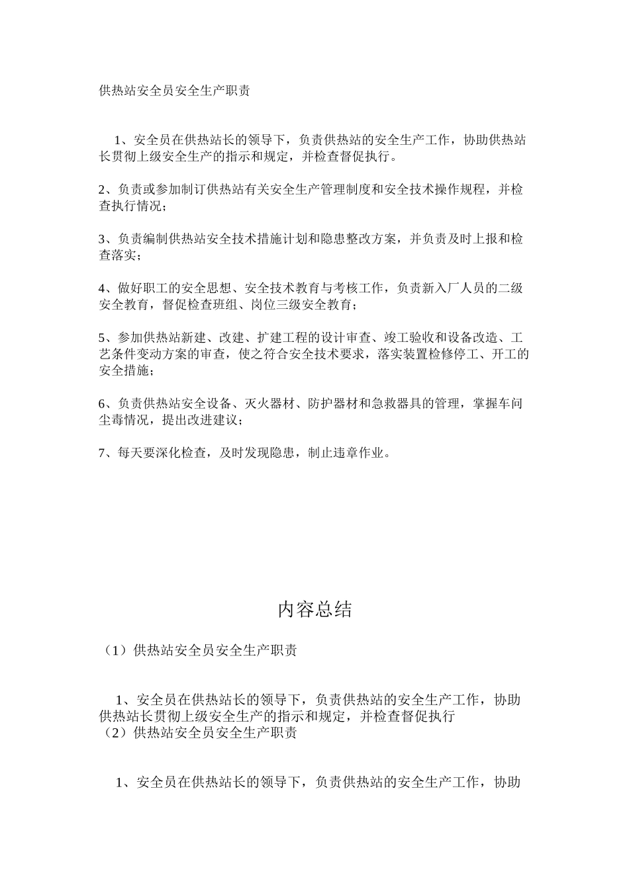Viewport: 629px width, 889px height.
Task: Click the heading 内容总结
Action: point(314,610)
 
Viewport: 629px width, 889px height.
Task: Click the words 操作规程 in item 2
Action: point(460,190)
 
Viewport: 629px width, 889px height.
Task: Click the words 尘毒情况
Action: point(126,420)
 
